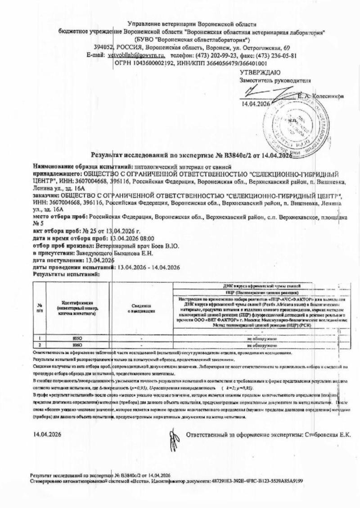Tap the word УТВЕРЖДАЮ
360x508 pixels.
pyautogui.click(x=260, y=72)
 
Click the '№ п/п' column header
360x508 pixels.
pyautogui.click(x=40, y=308)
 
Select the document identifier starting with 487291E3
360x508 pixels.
pyautogui.click(x=256, y=481)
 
